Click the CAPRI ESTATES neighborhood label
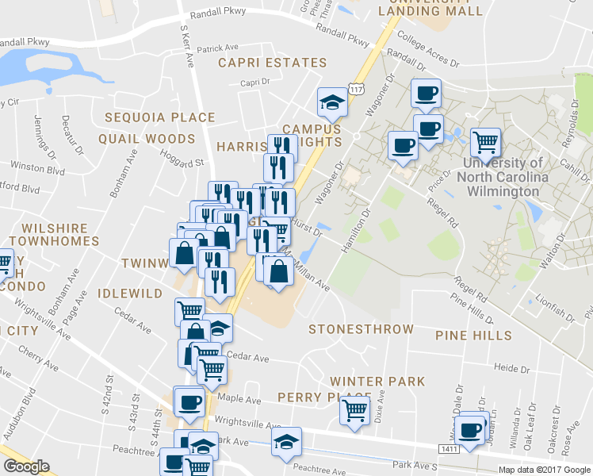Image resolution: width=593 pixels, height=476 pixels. [x=272, y=63]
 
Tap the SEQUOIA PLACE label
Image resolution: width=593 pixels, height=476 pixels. [x=160, y=117]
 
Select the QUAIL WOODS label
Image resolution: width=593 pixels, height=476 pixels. [x=147, y=139]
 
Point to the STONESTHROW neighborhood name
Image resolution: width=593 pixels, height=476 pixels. [x=361, y=329]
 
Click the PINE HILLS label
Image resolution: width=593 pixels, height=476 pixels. [x=473, y=336]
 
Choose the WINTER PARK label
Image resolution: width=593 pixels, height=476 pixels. [x=377, y=382]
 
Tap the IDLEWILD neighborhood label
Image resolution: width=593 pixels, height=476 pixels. [x=129, y=294]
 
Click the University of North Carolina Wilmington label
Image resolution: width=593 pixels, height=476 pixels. [x=503, y=177]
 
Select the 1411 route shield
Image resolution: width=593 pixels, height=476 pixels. [x=450, y=449]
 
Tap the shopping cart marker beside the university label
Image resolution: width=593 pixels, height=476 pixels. [x=485, y=143]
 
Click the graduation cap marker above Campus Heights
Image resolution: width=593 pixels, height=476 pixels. [x=331, y=101]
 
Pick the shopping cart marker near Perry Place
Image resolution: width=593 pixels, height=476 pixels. [x=354, y=411]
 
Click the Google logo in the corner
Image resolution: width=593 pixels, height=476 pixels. [x=26, y=466]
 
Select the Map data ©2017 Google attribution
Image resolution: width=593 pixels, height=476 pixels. [x=544, y=470]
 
